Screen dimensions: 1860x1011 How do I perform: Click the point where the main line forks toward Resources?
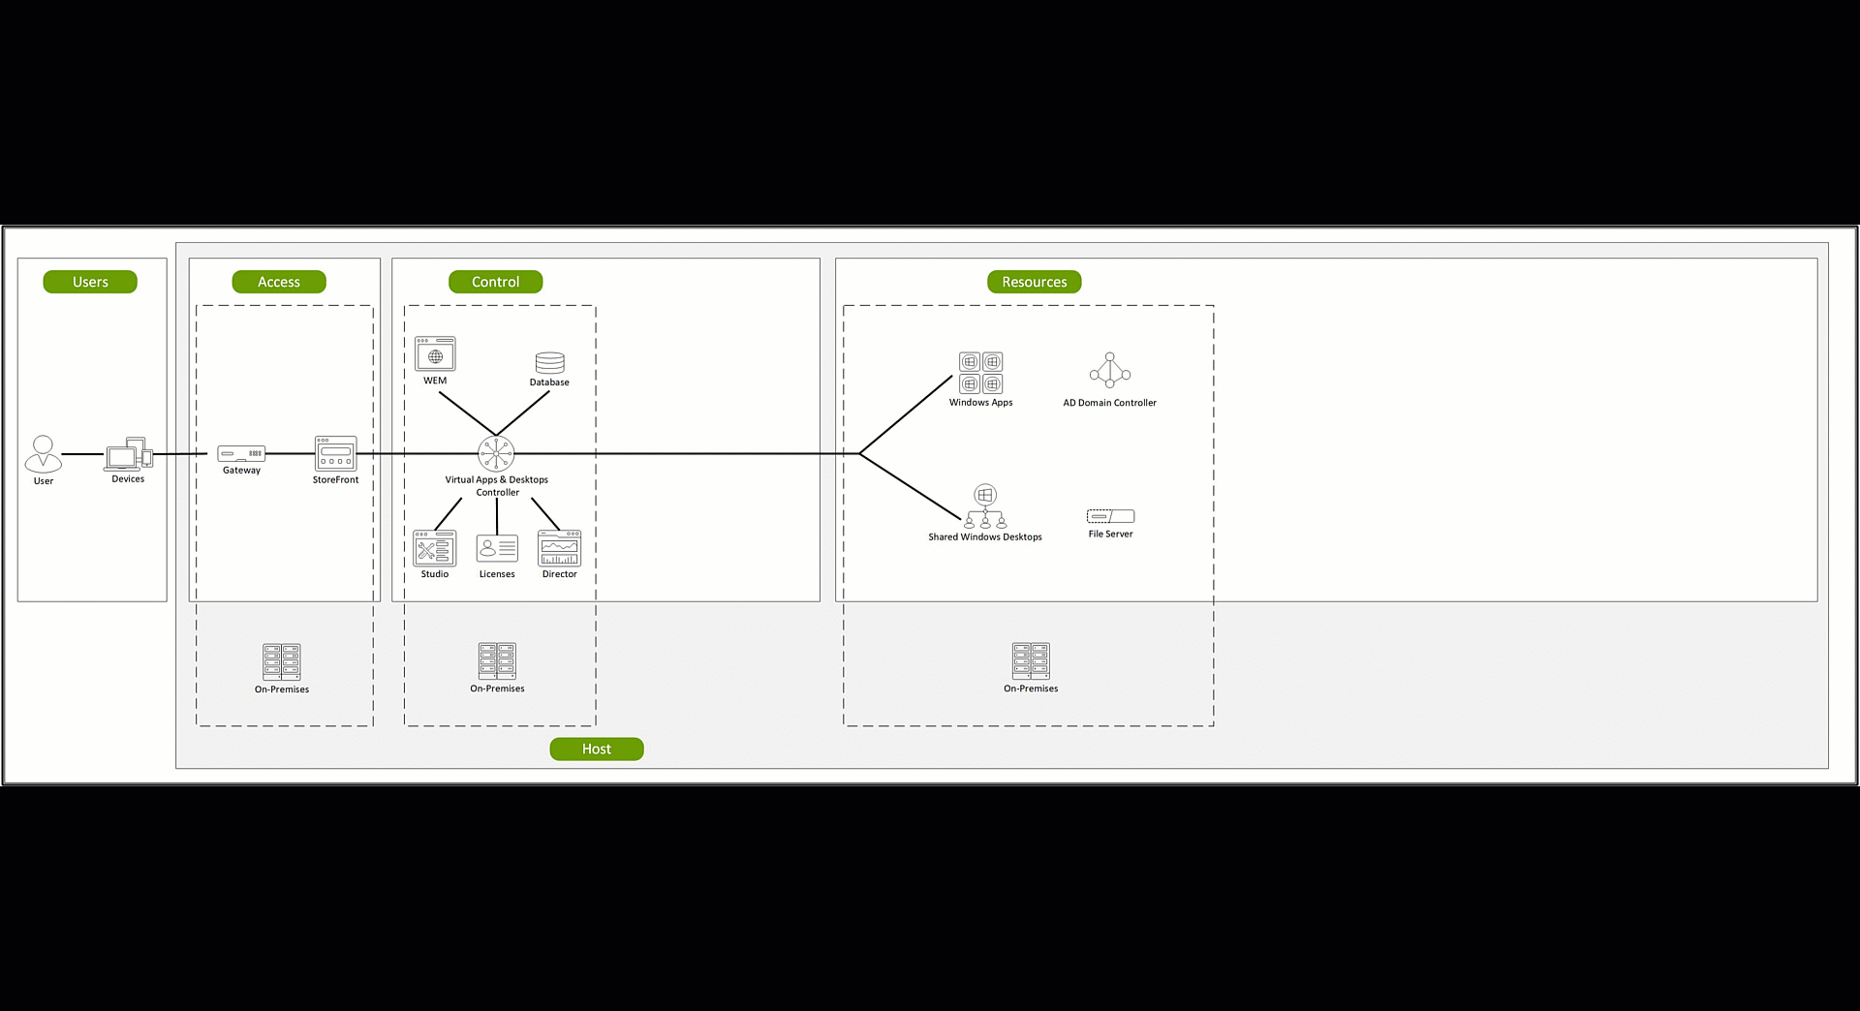pyautogui.click(x=859, y=453)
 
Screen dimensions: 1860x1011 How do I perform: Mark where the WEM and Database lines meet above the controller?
pyautogui.click(x=496, y=435)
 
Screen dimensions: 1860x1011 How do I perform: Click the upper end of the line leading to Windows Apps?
pyautogui.click(x=952, y=377)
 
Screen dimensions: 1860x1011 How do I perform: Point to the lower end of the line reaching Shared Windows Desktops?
pyautogui.click(x=961, y=518)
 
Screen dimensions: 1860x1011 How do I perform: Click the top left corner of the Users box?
pyautogui.click(x=17, y=259)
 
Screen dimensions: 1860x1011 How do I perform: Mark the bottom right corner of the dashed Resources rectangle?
pyautogui.click(x=1214, y=725)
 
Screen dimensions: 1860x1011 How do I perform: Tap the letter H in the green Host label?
pyautogui.click(x=587, y=749)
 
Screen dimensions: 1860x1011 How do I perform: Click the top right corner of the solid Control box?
pyautogui.click(x=820, y=259)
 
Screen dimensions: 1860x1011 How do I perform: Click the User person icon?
pyautogui.click(x=44, y=453)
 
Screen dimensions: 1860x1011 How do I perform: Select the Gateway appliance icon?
pyautogui.click(x=241, y=453)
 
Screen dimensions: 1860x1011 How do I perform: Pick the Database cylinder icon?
pyautogui.click(x=550, y=362)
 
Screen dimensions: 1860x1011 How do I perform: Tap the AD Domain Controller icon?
pyautogui.click(x=1110, y=370)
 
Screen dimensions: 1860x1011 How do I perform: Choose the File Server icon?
pyautogui.click(x=1110, y=516)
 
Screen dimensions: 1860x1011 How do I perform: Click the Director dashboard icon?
pyautogui.click(x=560, y=548)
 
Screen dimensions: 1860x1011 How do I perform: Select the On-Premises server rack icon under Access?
pyautogui.click(x=282, y=662)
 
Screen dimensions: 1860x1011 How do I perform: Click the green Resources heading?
pyautogui.click(x=1035, y=282)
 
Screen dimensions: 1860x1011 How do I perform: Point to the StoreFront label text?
pyautogui.click(x=335, y=479)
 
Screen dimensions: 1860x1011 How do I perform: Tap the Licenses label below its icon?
pyautogui.click(x=497, y=574)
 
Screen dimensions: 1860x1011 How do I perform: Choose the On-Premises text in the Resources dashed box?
pyautogui.click(x=1031, y=689)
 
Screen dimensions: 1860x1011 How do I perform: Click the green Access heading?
pyautogui.click(x=279, y=282)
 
